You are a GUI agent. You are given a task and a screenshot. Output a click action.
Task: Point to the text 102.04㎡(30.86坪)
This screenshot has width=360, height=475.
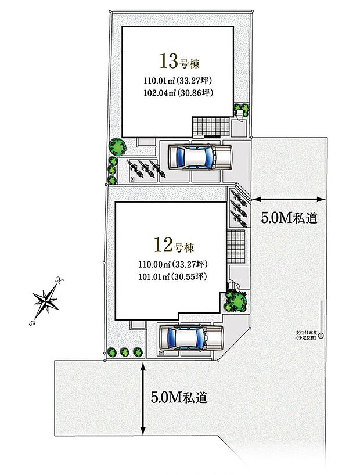point(175,91)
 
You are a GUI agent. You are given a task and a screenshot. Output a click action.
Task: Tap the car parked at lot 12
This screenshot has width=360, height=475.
point(191,337)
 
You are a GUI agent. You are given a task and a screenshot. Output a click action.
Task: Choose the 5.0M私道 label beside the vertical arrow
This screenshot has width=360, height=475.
point(179,398)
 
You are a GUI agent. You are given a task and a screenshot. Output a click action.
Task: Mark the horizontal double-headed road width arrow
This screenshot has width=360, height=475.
point(289,199)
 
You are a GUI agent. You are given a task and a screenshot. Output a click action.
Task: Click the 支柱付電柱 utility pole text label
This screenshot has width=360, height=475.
point(307,335)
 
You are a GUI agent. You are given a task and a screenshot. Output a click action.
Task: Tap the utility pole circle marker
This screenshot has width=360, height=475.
point(320,336)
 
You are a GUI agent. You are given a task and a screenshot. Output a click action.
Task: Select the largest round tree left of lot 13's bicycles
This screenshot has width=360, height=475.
point(116,145)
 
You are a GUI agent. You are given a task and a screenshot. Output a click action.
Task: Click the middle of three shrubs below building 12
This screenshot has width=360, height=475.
point(124,351)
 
